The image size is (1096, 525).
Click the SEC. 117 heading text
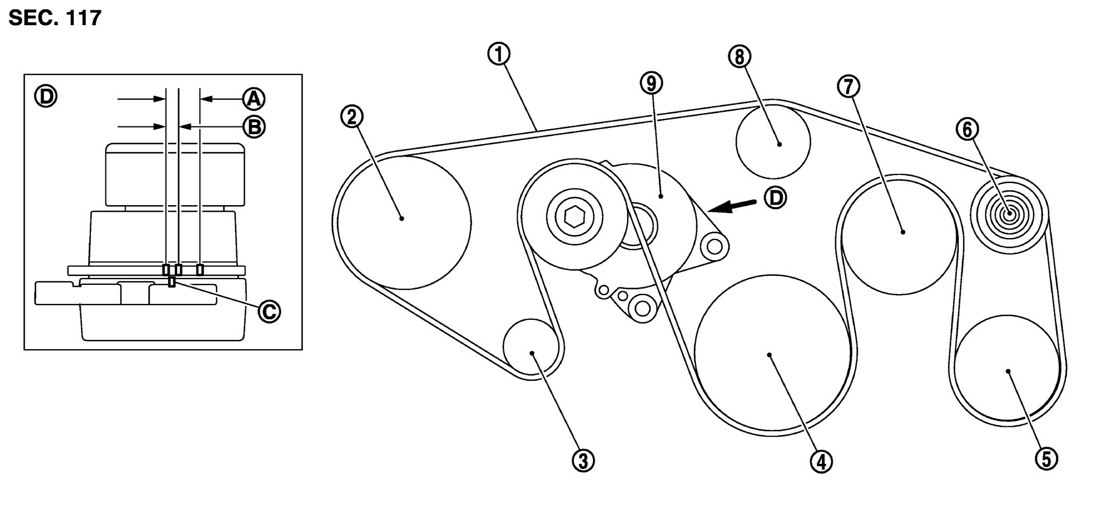pos(55,19)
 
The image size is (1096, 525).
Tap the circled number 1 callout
pos(499,55)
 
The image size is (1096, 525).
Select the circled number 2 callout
pos(352,117)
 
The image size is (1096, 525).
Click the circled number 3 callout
pos(583,461)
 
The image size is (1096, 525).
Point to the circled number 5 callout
pos(1046,459)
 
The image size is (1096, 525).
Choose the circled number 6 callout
pos(967,130)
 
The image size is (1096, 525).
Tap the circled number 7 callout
pos(848,86)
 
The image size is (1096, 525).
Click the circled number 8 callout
pos(739,57)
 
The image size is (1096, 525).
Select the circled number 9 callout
pos(651,83)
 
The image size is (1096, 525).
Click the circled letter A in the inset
pos(254,99)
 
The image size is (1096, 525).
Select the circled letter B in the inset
pos(254,127)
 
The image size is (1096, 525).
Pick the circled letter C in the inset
pos(269,311)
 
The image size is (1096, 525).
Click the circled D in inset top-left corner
pos(46,97)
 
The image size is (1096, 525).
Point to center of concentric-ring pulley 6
pos(1009,214)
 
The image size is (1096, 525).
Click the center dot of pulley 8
pos(779,144)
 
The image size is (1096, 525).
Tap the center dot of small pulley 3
pos(532,353)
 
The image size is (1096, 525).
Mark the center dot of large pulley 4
pos(769,355)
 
